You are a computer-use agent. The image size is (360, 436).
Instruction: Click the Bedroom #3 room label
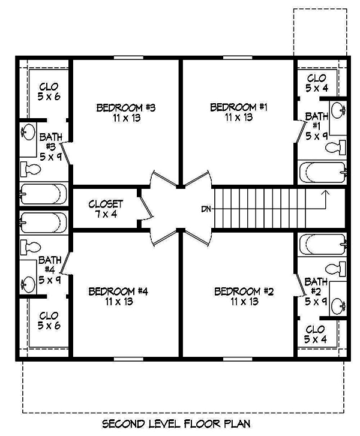coord(126,113)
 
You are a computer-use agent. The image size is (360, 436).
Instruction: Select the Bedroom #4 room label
coord(118,296)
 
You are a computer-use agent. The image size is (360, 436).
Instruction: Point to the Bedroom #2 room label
coord(244,296)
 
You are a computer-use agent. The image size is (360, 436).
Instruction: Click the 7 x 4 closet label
coord(106,209)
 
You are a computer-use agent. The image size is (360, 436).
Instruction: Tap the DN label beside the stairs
coord(205,209)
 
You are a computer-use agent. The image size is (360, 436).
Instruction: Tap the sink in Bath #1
coord(338,110)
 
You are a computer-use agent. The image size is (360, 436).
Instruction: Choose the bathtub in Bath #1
coord(323,173)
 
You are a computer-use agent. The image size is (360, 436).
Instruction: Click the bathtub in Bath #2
coord(323,243)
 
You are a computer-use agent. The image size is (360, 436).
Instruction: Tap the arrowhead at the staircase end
coord(325,193)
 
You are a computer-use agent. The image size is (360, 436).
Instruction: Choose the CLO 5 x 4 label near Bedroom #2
coord(316,335)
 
